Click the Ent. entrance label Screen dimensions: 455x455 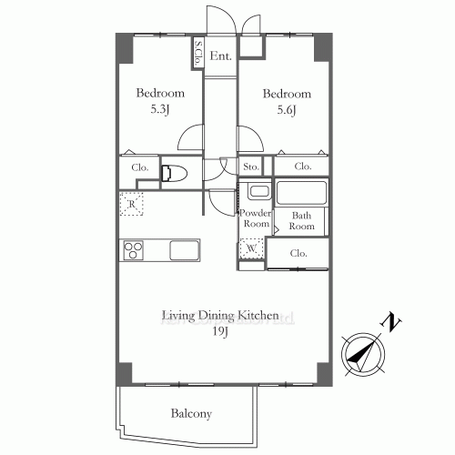point(219,56)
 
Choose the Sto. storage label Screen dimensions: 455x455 point(251,167)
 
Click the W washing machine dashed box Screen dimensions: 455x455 point(250,248)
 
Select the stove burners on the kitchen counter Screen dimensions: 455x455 point(135,249)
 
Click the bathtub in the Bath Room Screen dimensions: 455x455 point(300,193)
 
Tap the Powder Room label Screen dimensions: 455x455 point(255,218)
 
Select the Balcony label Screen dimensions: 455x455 point(191,414)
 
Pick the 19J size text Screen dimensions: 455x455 point(219,333)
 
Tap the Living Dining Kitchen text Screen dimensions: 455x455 point(219,316)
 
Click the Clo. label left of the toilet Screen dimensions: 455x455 point(139,167)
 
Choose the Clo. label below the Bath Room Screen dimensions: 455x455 point(298,253)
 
